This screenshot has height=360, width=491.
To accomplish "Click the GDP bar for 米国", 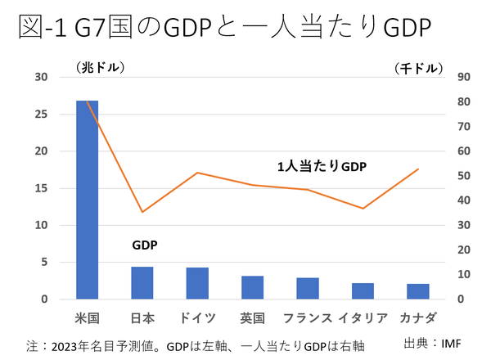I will pyautogui.click(x=88, y=200).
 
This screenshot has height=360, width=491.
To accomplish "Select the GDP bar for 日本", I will pyautogui.click(x=142, y=283).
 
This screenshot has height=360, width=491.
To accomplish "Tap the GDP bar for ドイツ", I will pyautogui.click(x=197, y=284).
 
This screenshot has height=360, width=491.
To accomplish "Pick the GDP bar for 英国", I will pyautogui.click(x=252, y=288).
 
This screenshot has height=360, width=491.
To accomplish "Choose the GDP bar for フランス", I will pyautogui.click(x=308, y=289).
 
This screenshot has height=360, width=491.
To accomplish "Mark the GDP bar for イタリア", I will pyautogui.click(x=363, y=291).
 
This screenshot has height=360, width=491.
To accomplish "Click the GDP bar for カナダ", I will pyautogui.click(x=417, y=292).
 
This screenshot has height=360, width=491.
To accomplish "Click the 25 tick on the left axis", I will pyautogui.click(x=42, y=114).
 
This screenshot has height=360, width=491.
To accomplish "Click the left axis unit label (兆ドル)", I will pyautogui.click(x=101, y=65).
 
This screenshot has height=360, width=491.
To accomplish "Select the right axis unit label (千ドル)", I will pyautogui.click(x=418, y=67).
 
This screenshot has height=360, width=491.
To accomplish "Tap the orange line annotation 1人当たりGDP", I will pyautogui.click(x=322, y=166).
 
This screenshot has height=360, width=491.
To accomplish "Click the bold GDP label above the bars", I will pyautogui.click(x=145, y=245).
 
